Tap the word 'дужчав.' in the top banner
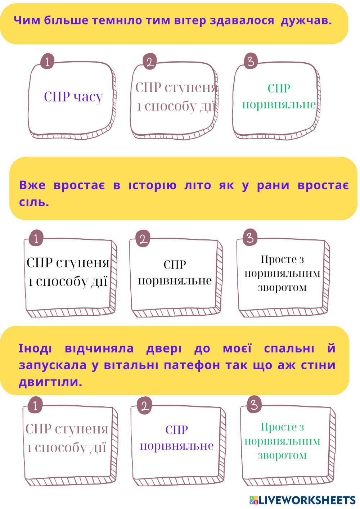(306, 21)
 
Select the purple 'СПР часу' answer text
(73, 97)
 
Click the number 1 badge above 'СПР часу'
(47, 61)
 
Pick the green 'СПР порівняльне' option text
(279, 96)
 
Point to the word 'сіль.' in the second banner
(34, 202)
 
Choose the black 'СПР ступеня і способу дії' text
(68, 272)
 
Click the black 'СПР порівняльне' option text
(175, 272)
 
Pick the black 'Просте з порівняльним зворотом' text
(282, 273)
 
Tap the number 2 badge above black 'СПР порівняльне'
(143, 239)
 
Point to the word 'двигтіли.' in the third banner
(50, 382)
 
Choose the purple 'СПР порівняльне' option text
(176, 438)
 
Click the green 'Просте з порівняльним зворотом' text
(282, 441)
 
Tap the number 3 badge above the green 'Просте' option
(254, 405)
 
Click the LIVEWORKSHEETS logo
(302, 500)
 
